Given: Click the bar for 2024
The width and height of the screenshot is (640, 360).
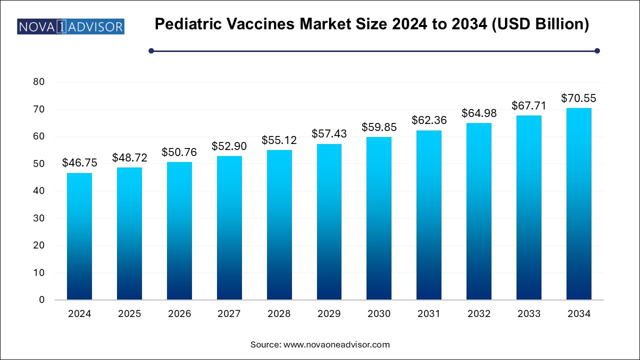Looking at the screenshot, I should pos(79,236).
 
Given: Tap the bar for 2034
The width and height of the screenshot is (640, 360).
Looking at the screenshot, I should pos(579,203).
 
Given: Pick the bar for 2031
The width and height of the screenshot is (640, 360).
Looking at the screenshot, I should pos(429,215).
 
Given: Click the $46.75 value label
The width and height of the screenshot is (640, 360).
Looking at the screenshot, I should pos(79,162).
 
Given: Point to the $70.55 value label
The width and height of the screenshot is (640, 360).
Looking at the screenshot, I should pos(579,98).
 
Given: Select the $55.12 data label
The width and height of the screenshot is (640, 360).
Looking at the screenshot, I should pos(279,140).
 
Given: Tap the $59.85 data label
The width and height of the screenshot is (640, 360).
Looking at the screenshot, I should pos(379,127).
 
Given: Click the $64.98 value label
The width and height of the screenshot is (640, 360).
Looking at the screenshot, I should pos(479,113).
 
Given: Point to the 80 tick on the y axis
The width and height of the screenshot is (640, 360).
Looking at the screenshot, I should pos(38,82).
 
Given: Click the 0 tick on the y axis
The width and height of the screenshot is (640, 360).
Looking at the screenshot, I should pos(41,300).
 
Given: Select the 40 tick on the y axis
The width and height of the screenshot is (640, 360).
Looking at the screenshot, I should pos(38,191).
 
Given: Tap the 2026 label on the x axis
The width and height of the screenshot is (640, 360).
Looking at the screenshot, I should pos(179,314).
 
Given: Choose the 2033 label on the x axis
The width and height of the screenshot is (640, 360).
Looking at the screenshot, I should pos(529,314).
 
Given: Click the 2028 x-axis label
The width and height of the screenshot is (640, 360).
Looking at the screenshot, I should pos(279,314).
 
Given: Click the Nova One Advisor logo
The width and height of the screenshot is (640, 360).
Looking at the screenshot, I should pos(70,26).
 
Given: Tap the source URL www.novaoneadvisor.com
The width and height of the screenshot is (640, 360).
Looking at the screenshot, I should pos(336,344).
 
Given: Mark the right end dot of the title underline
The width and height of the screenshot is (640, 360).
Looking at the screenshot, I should pos(597,50).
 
